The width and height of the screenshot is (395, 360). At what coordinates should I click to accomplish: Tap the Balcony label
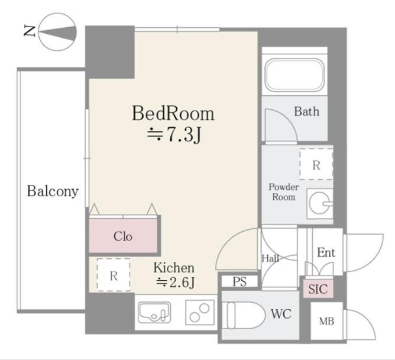point(53,192)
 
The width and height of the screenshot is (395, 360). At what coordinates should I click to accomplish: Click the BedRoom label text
point(173,113)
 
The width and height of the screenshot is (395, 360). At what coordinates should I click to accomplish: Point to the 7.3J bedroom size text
point(174,135)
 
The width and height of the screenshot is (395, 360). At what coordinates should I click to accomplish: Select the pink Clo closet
point(123,235)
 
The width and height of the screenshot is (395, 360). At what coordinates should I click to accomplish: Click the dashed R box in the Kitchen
point(114,275)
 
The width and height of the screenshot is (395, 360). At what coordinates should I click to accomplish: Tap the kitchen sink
point(154,312)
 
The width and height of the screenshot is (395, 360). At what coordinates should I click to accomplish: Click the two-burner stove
point(200,313)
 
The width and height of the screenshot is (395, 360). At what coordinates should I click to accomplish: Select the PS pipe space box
point(239,281)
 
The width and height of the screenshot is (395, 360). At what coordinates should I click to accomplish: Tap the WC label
point(281,314)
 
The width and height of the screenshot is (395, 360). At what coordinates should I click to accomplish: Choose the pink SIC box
point(318,288)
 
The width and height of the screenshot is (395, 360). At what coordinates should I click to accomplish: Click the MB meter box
point(327,321)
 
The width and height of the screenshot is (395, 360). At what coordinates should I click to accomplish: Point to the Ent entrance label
point(326,252)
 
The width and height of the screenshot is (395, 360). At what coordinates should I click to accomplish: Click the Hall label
point(270,258)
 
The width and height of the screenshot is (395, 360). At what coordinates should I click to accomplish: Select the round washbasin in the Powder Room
point(320,203)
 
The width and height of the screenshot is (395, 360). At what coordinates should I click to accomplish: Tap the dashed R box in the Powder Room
point(316,164)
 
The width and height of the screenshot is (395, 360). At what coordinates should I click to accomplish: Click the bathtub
point(294,74)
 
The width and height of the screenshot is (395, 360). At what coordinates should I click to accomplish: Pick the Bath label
point(306,112)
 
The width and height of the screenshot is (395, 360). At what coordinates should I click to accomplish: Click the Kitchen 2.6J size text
point(176,282)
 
